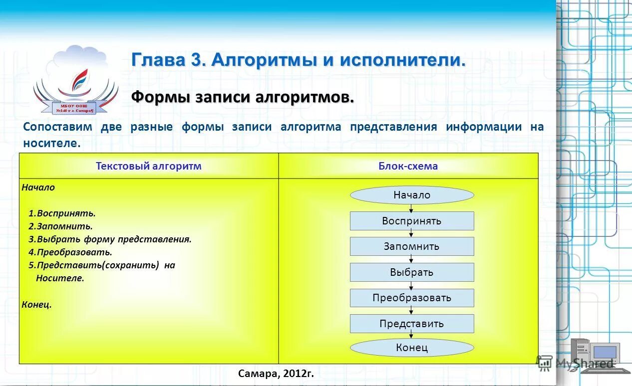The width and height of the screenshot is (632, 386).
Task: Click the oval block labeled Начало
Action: tap(411, 195)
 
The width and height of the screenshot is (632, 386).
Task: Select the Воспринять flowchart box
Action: tap(411, 221)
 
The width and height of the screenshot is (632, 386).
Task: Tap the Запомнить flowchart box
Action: tap(411, 246)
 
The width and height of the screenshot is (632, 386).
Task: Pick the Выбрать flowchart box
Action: tap(411, 272)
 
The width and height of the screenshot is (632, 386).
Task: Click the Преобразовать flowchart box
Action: tap(411, 298)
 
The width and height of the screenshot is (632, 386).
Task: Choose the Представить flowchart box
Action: tap(411, 324)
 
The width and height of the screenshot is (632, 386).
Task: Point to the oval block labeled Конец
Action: tap(411, 348)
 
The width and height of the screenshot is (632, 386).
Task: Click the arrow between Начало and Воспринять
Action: tap(411, 208)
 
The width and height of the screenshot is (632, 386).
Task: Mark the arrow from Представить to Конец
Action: tap(411, 336)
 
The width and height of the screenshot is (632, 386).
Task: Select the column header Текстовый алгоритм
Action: tap(148, 166)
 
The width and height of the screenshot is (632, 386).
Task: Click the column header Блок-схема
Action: tap(408, 166)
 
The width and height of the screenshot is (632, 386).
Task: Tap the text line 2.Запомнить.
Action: tap(60, 226)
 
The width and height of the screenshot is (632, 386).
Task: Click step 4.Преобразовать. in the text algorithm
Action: tap(70, 252)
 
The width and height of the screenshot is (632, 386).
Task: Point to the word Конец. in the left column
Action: tap(36, 304)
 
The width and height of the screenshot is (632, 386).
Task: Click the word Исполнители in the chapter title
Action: tap(402, 60)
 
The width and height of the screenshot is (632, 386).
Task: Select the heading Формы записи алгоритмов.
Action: tap(243, 97)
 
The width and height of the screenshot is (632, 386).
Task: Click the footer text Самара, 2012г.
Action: tap(276, 373)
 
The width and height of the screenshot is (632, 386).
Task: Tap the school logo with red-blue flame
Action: tap(76, 81)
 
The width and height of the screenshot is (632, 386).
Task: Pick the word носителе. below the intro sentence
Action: tap(51, 143)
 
